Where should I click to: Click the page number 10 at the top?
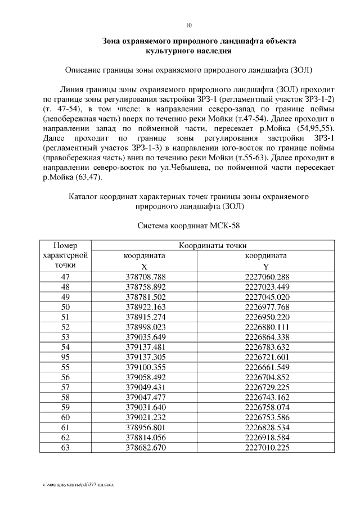click(x=188, y=25)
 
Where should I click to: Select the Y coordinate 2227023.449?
click(x=267, y=286)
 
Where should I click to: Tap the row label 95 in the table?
click(x=65, y=356)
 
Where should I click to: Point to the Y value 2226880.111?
click(x=267, y=326)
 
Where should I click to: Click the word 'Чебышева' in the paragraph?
click(x=228, y=168)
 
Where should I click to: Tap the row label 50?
click(x=65, y=307)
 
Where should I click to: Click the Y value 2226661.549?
click(x=267, y=366)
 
